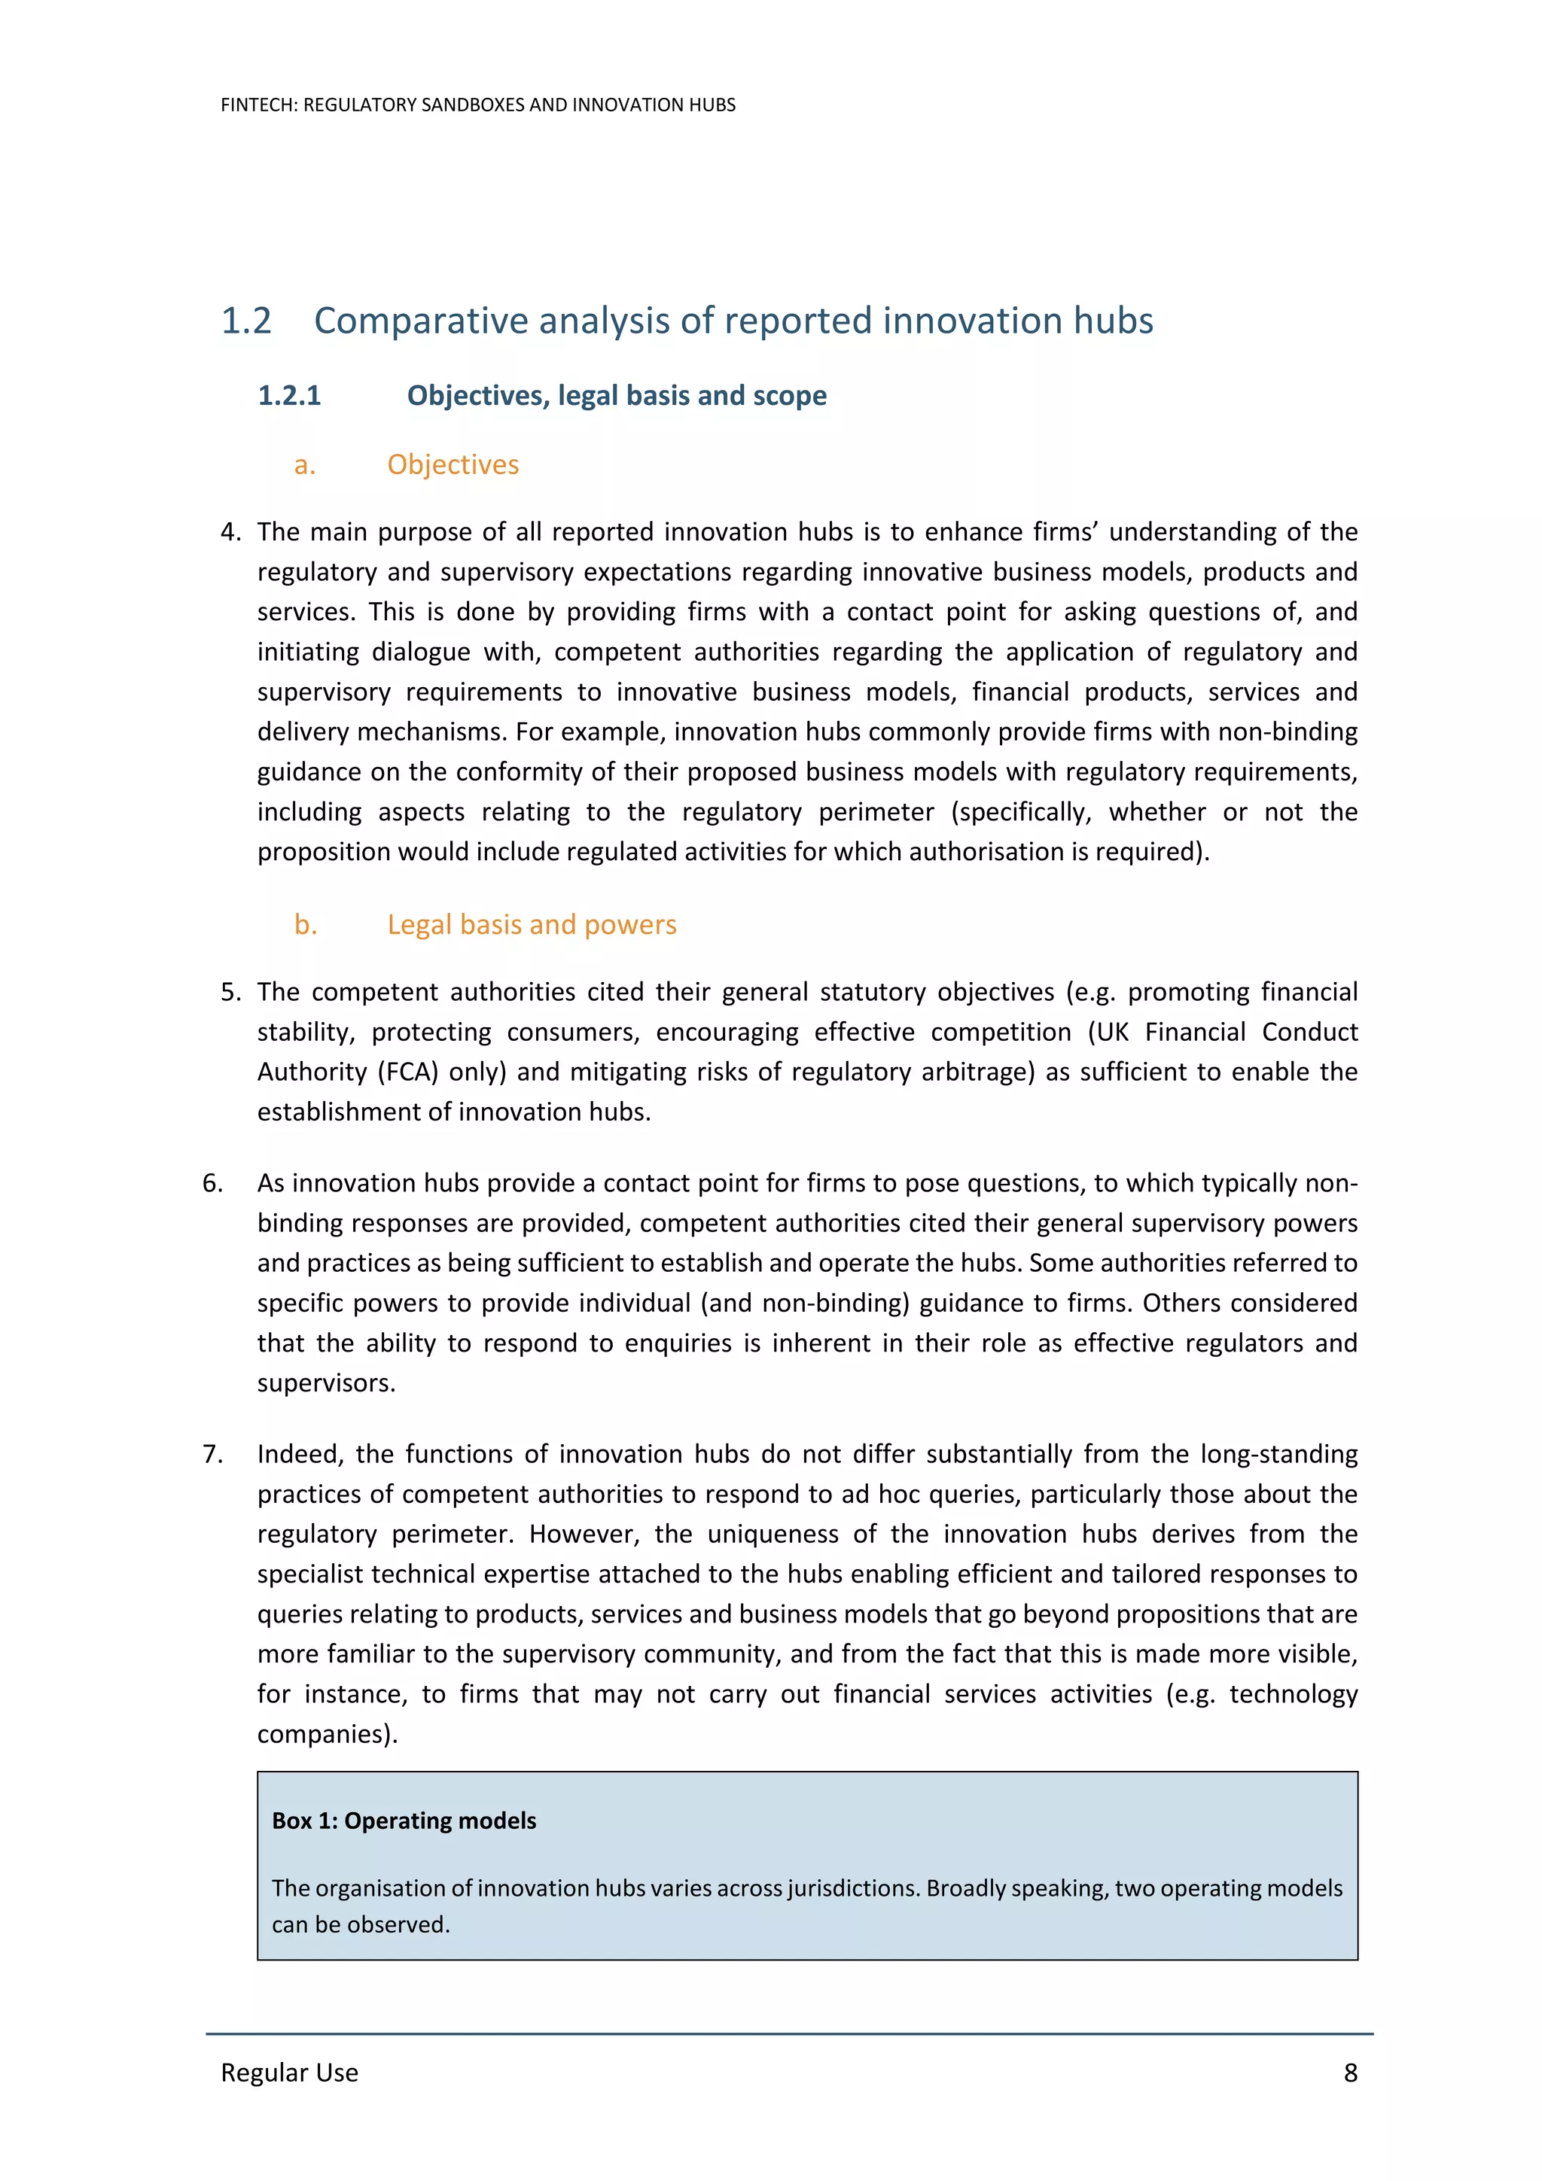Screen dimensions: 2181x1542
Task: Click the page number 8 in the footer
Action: click(1350, 2072)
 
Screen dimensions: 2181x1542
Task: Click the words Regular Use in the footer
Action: click(289, 2072)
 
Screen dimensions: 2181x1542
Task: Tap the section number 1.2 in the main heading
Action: click(246, 321)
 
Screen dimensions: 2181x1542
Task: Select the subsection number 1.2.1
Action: click(289, 395)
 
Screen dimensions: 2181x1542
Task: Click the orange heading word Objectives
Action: click(453, 464)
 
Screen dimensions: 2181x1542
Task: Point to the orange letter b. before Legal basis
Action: click(305, 924)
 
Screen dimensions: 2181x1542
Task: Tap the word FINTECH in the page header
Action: click(258, 105)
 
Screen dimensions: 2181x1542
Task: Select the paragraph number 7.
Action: click(213, 1454)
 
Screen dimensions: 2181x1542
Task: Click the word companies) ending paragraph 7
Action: click(327, 1734)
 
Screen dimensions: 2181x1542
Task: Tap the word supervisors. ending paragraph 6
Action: click(326, 1383)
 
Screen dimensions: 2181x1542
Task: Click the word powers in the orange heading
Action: click(630, 924)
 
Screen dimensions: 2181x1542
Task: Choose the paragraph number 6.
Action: click(213, 1184)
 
